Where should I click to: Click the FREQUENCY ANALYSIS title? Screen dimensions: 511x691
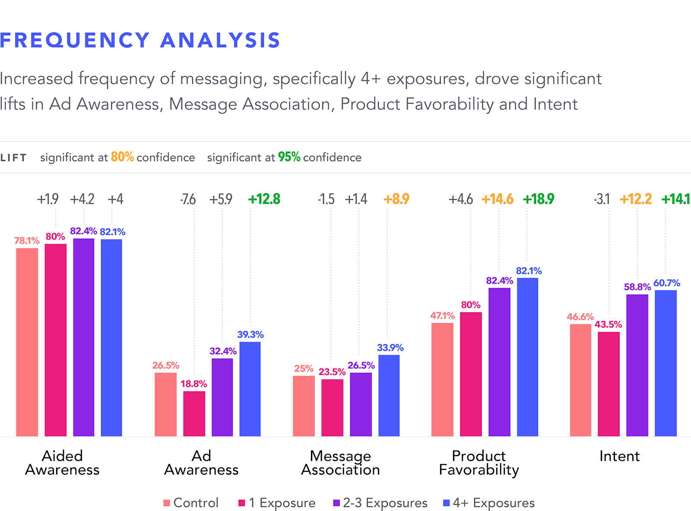tap(140, 40)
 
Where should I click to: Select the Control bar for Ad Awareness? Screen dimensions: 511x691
tap(165, 404)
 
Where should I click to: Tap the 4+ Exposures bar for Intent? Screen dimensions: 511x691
tap(666, 363)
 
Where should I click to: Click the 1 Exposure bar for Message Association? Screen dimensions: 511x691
tap(332, 407)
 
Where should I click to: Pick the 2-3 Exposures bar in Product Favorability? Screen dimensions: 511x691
tap(499, 362)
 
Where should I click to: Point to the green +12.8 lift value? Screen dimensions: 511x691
tap(264, 199)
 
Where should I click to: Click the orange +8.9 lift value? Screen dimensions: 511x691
tap(396, 199)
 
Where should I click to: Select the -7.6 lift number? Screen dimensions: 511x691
tap(188, 199)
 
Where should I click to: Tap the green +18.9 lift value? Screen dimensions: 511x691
tap(538, 199)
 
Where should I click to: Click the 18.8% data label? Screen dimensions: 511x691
tap(193, 384)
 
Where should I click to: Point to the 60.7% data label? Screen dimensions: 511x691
tap(666, 283)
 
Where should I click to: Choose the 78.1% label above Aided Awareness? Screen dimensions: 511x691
tap(27, 241)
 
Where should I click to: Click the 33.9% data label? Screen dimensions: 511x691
tap(390, 348)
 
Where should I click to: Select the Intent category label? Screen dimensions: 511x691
tap(619, 456)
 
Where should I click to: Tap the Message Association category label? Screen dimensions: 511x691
tap(340, 463)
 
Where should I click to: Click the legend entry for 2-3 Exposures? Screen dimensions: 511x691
tap(380, 503)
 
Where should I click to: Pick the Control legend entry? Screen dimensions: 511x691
tap(191, 503)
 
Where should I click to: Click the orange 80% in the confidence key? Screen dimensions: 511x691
tap(122, 157)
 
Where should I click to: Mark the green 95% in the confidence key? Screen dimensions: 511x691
tap(289, 157)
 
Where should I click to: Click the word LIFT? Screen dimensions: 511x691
tap(13, 158)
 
